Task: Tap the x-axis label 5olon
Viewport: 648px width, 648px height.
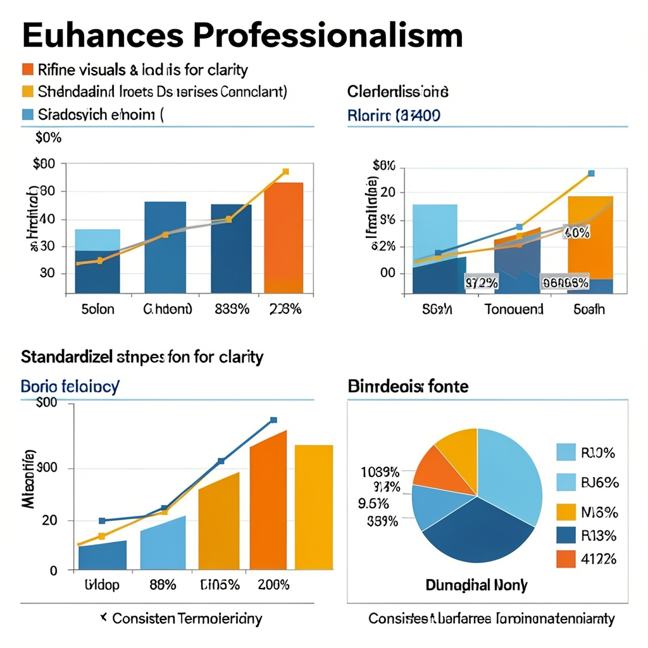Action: point(98,309)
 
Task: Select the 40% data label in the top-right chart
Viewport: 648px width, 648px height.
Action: point(576,232)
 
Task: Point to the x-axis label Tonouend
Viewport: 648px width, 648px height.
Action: point(514,309)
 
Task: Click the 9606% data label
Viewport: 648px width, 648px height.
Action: point(565,283)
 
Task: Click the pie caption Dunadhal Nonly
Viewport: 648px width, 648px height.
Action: point(476,585)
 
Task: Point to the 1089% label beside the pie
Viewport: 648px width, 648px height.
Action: point(380,472)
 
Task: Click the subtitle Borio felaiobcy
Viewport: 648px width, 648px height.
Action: point(70,386)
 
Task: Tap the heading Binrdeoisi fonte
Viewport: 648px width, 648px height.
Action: point(408,386)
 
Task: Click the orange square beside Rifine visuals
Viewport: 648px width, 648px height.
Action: point(27,69)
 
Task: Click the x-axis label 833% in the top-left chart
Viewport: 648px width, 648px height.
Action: point(230,309)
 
